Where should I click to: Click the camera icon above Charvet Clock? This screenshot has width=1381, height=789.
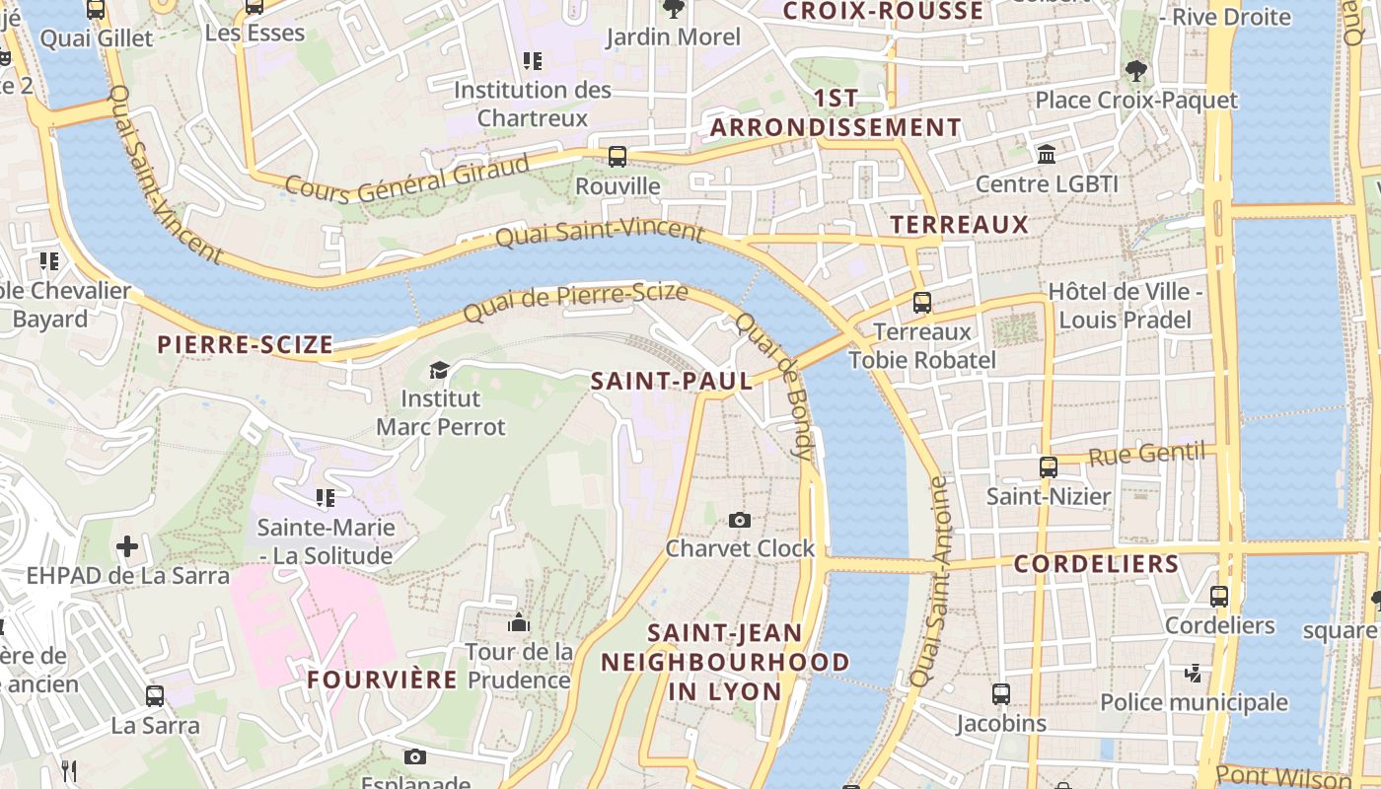pos(739,520)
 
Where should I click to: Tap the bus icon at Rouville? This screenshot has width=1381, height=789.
pos(618,156)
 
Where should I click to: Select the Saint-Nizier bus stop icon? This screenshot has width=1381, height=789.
pos(1049,466)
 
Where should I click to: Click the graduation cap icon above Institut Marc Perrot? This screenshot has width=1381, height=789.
pos(439,370)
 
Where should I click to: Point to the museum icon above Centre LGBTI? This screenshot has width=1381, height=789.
pos(1047,155)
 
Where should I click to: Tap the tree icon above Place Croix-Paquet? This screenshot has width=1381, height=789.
pos(1135,70)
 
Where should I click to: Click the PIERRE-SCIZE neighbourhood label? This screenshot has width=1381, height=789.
pos(246,345)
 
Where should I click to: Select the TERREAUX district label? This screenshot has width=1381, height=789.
pos(959,225)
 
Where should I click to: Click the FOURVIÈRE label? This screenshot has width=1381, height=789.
pos(382,680)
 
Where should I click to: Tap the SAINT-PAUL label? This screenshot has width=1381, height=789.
pos(671,381)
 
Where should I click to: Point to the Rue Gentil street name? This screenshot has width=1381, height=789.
pos(1146,455)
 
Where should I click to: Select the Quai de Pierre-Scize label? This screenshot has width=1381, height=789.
pos(575,301)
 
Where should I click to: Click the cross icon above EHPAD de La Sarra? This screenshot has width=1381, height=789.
pos(127,545)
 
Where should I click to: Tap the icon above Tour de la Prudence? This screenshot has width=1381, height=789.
pos(518,623)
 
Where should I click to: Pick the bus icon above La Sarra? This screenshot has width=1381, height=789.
pos(155,695)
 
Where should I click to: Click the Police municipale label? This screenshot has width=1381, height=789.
pos(1194,702)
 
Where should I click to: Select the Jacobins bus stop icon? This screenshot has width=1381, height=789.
pos(1001,694)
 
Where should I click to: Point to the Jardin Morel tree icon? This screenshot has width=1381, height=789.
pos(674,9)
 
